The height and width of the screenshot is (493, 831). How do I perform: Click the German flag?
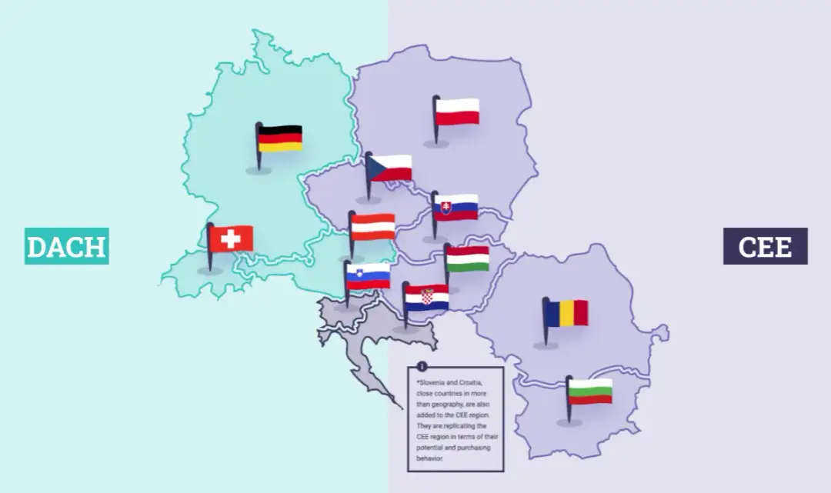pos(280,138)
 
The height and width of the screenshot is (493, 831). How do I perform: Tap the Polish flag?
pos(457,112)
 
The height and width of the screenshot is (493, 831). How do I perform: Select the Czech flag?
pos(390,168)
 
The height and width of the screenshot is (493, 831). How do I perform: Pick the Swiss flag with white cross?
pos(231,238)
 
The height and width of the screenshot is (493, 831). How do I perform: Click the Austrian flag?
pos(373,227)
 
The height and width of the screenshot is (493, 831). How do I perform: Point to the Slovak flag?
pos(456,207)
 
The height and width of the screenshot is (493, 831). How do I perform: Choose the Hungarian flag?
pos(468,258)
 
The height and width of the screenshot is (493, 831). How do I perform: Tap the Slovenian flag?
pos(369,276)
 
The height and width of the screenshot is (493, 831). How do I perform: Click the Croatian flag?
pos(427,298)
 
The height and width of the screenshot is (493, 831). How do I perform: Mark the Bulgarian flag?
pos(590,391)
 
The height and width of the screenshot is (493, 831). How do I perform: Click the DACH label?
pos(66,246)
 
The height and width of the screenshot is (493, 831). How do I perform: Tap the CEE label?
pos(765,246)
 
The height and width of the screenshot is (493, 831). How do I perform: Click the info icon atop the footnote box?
pos(422,366)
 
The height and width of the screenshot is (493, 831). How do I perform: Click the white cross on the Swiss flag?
pos(231,238)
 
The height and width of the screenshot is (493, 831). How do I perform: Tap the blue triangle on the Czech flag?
pos(375,168)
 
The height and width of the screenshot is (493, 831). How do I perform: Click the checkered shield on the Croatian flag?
pos(426,296)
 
